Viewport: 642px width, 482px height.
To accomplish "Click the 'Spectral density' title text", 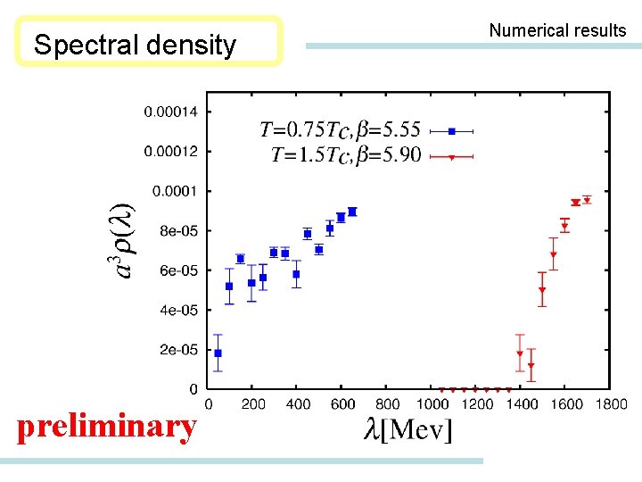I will coord(135,45).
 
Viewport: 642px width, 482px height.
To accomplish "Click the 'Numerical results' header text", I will coord(557,30).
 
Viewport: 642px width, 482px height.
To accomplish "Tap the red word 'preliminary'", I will coord(107,427).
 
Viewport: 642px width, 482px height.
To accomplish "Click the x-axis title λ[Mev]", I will coord(408,430).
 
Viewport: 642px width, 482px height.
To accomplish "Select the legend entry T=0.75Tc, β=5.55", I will coord(340,131).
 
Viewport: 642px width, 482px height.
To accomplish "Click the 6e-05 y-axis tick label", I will coord(179,270).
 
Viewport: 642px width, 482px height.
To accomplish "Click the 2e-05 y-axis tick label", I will coord(179,350).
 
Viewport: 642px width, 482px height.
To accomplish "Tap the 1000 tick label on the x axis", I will coord(432,404).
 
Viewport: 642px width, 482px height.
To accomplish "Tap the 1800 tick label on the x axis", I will coord(611,404).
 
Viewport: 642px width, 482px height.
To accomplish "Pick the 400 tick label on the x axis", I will coord(298,404).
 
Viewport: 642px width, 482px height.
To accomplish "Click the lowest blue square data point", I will coord(218,353).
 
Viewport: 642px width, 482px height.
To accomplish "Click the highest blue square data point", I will coord(352,212).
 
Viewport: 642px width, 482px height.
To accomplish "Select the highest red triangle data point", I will coord(587,199).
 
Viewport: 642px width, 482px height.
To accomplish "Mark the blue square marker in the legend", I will coord(452,131).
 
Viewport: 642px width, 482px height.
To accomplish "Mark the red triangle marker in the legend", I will coord(452,157).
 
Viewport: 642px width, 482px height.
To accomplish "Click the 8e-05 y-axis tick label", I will coord(179,231).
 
